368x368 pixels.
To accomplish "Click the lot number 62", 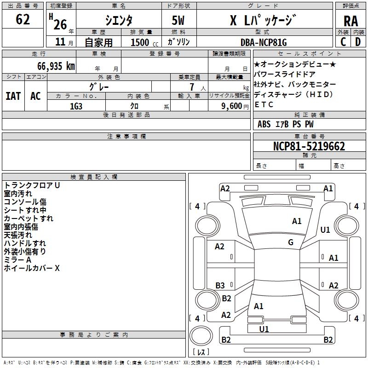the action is point(23,20).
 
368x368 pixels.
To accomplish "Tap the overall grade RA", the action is point(351,22).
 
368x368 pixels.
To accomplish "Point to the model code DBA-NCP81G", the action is point(264,42).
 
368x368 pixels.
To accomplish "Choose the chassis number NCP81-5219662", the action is point(309,147).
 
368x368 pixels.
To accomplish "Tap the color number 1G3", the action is point(76,106).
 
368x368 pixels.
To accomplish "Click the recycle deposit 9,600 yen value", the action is point(231,106).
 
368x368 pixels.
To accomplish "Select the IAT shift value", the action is point(13,96).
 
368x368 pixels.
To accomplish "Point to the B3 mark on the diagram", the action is point(220,286).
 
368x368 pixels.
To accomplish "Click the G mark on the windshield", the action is point(291,242).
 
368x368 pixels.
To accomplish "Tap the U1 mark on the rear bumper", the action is point(264,329).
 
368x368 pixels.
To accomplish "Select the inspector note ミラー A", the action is point(17,260).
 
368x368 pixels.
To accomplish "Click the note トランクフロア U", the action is point(32,185).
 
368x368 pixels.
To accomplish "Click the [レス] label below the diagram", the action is point(201,352).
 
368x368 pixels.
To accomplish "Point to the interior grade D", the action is point(357,42).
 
